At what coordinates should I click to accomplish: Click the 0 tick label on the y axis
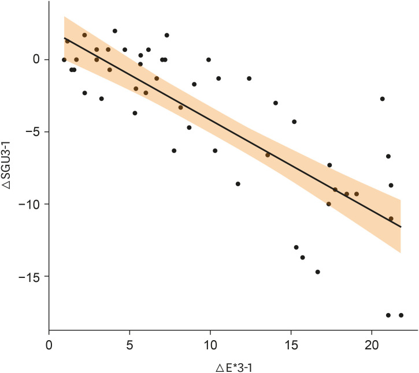pos(36,59)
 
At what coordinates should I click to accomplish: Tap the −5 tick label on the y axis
pos(31,132)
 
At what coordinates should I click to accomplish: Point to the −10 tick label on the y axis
pos(29,204)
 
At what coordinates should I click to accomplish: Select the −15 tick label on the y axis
pos(29,277)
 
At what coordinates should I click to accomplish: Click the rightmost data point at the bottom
pos(401,315)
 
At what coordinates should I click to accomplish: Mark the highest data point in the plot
pos(115,31)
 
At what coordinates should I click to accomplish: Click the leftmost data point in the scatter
pos(64,59)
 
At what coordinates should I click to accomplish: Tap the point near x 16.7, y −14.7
pos(318,272)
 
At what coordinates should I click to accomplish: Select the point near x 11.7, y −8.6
pos(238,184)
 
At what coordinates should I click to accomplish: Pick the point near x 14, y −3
pos(276,103)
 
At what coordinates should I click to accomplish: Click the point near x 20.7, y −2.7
pos(383,99)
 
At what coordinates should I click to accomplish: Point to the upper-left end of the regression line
pos(64,38)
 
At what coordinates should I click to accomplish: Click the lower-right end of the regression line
pos(401,227)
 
